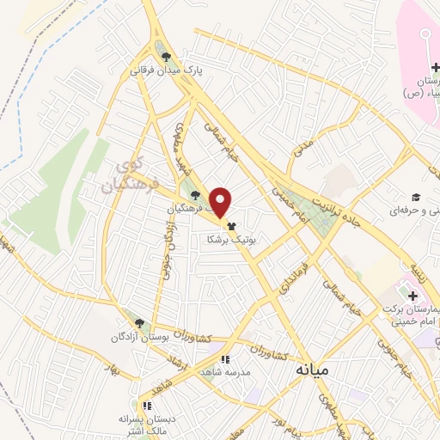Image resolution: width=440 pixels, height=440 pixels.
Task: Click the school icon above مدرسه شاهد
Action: click(225, 359)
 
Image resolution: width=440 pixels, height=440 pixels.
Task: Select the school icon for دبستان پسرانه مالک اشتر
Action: click(147, 405)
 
